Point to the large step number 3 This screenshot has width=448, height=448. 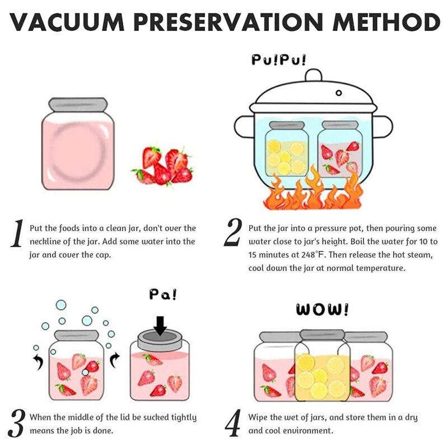coord(17,424)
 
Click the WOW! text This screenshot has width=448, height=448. coord(321,310)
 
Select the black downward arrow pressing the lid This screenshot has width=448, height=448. coord(160,325)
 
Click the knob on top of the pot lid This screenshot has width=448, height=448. coord(313,75)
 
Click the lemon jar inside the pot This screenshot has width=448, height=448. coord(286,150)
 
